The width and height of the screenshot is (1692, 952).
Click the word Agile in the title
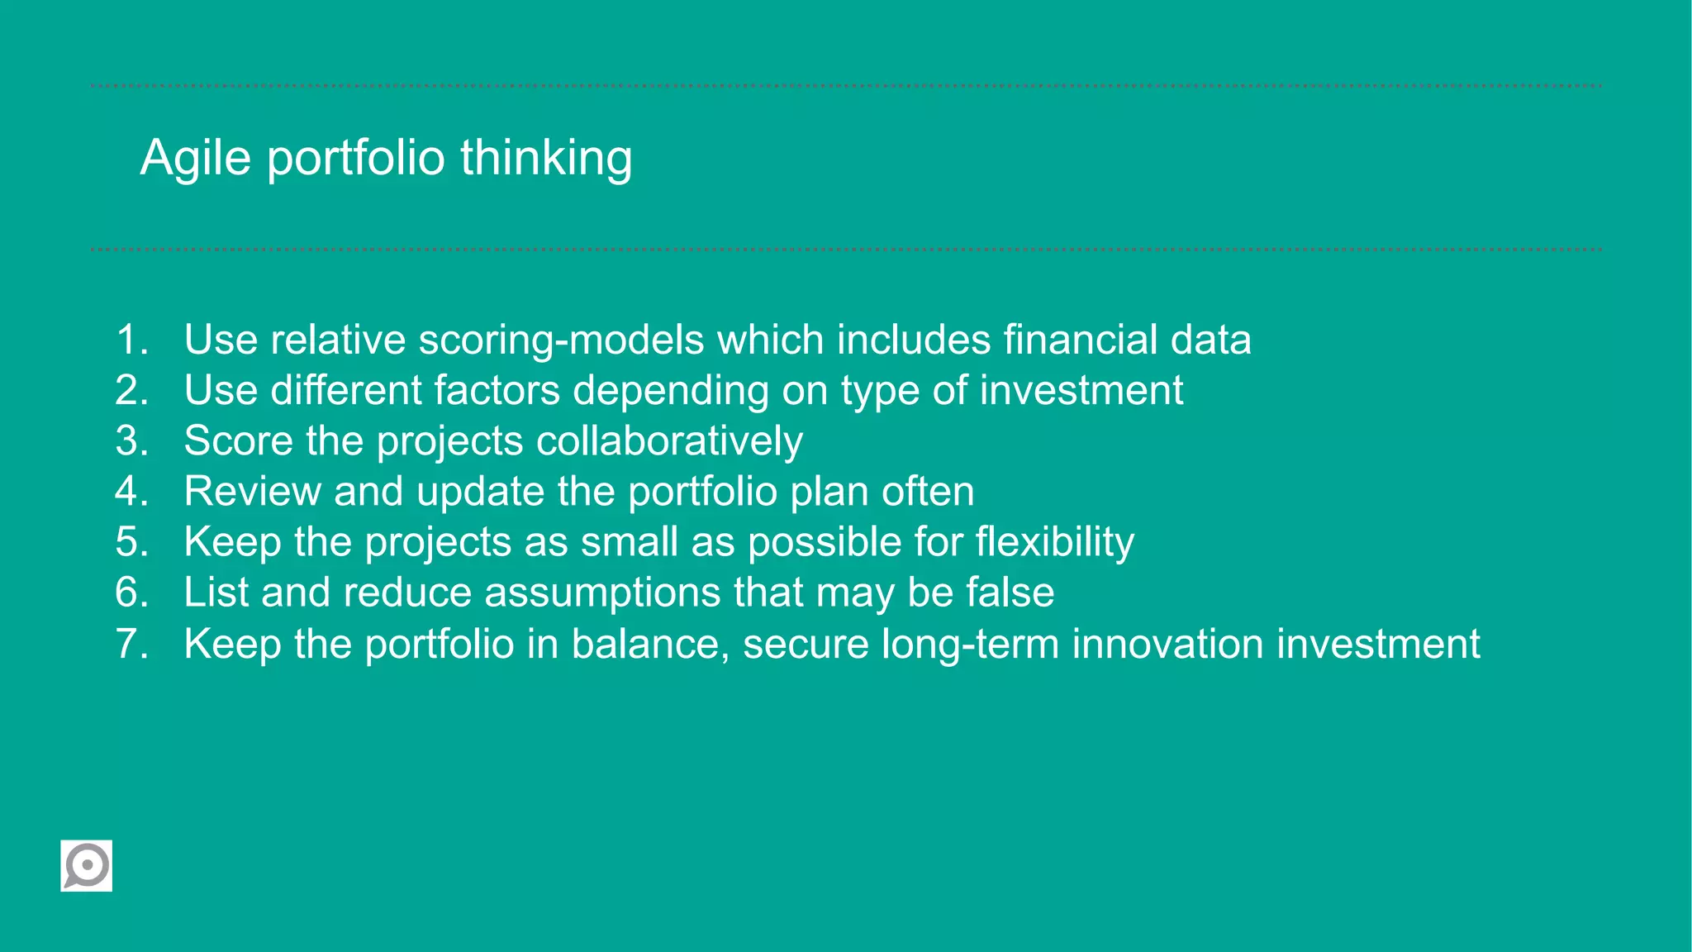(195, 158)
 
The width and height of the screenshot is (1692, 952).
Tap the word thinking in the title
(546, 158)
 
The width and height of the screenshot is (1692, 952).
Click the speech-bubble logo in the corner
(86, 865)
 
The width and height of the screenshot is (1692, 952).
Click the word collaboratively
(669, 441)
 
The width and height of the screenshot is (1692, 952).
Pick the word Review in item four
(252, 492)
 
